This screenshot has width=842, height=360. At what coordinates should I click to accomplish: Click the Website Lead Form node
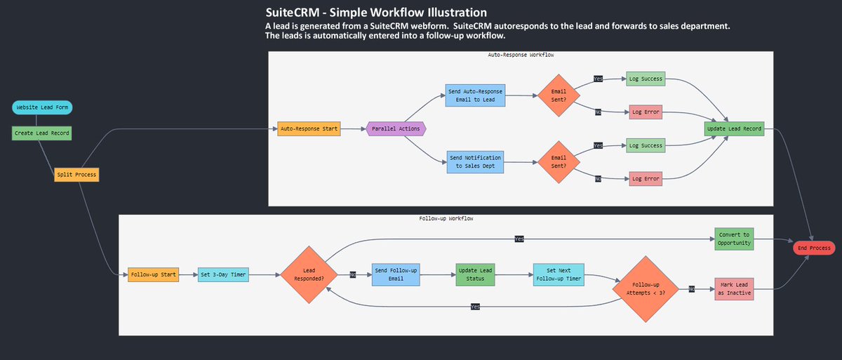42,107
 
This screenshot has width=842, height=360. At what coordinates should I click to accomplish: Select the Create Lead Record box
42,133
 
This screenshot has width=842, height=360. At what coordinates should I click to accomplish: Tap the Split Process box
76,174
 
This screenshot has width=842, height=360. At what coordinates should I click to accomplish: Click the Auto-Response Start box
309,128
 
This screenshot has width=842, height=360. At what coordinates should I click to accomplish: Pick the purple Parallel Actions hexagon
396,128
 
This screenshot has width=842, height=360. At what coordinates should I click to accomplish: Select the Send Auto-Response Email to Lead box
476,95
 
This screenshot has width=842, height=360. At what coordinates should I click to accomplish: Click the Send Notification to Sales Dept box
476,161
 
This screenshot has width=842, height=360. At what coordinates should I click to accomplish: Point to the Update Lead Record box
733,128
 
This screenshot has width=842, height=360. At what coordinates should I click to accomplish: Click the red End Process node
813,248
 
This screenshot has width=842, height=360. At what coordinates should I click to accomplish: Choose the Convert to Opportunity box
733,239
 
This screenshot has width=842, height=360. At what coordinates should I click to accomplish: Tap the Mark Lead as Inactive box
733,288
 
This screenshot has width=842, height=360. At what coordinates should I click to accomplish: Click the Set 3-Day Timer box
223,274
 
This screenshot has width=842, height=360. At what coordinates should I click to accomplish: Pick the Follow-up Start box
153,274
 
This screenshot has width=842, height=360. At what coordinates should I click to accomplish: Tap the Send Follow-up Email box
396,274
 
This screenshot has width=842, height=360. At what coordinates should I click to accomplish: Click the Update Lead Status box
475,274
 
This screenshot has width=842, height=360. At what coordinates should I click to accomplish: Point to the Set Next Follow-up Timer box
559,274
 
